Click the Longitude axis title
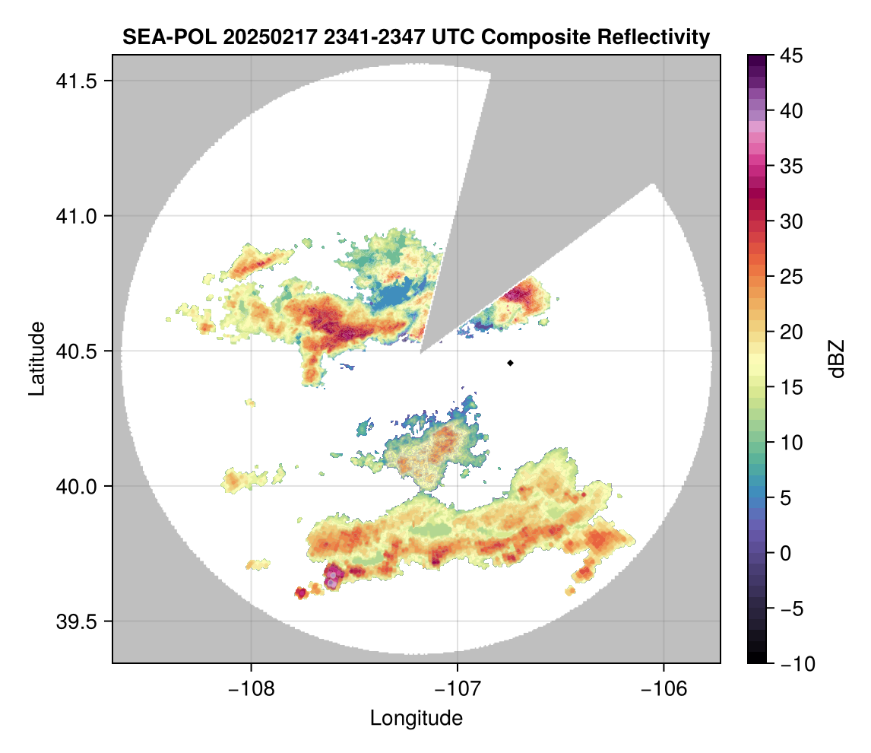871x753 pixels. (416, 717)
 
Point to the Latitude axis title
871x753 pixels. (36, 358)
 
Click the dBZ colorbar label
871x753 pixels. (837, 358)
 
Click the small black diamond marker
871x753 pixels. (511, 363)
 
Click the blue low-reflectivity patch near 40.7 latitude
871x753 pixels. (398, 296)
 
